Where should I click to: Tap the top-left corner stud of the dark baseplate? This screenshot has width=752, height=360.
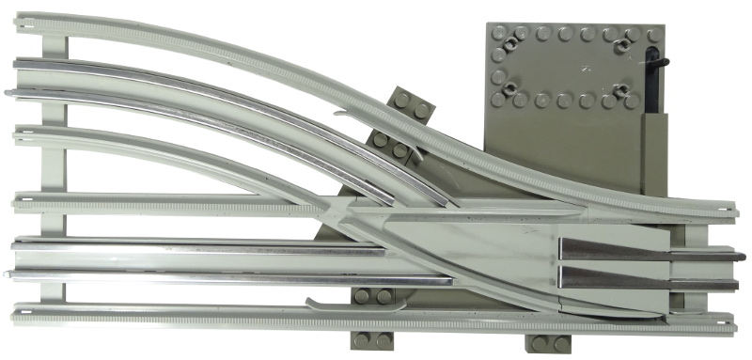point(498,33)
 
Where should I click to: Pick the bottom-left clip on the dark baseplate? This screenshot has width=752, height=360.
point(510,90)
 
